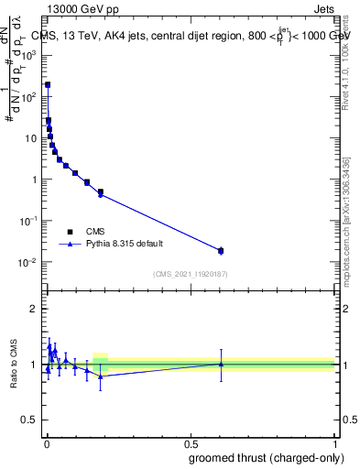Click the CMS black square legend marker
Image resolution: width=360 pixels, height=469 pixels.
(x=70, y=232)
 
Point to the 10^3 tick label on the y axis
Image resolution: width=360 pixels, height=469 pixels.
(x=29, y=55)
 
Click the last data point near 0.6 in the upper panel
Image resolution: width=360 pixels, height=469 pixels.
(x=221, y=250)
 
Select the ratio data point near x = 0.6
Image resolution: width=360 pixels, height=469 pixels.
(x=221, y=364)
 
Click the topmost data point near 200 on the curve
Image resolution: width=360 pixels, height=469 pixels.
(x=48, y=84)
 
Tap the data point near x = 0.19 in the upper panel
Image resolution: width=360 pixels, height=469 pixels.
(x=101, y=192)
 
